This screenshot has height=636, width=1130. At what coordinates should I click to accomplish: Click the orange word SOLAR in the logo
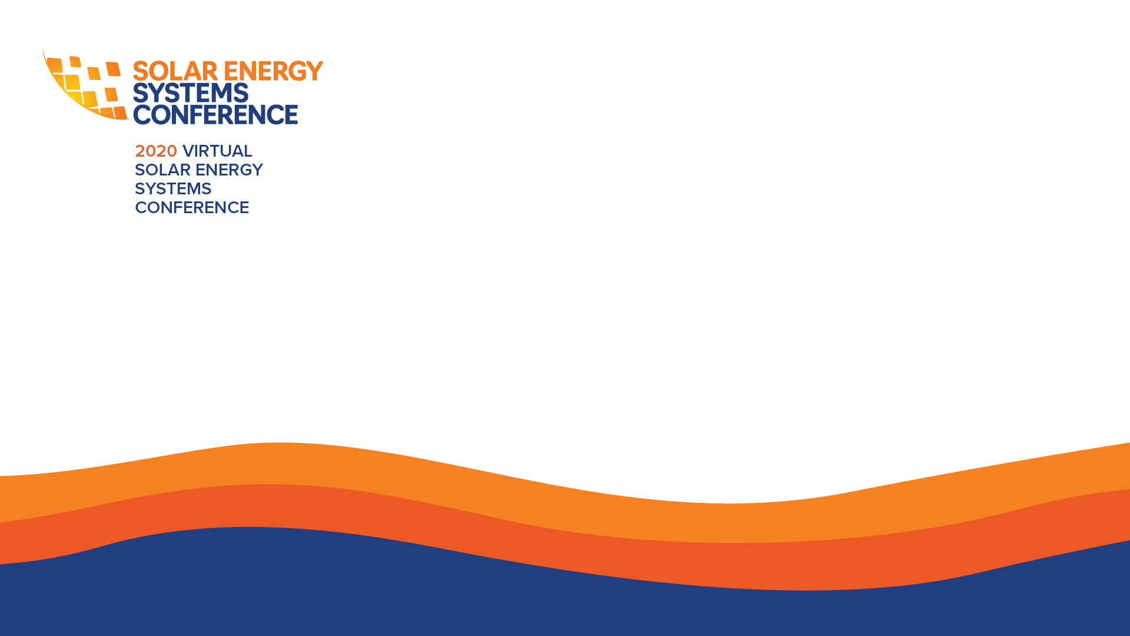tap(175, 71)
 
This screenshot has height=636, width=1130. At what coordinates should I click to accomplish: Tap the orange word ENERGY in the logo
tap(274, 71)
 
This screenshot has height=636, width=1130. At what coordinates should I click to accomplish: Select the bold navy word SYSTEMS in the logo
tap(191, 93)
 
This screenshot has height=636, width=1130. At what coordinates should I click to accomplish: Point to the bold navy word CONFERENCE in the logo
tap(215, 114)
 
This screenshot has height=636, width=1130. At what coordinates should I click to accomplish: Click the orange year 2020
tap(156, 151)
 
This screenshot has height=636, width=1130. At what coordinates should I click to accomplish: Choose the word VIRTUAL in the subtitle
tap(217, 151)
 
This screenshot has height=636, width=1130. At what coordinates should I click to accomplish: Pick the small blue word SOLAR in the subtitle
tap(162, 170)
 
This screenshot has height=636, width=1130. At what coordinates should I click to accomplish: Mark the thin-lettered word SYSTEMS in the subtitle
tap(173, 189)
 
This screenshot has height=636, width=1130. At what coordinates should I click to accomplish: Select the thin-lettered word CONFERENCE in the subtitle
tap(192, 208)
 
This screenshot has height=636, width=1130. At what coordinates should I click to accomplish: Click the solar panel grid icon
tap(85, 86)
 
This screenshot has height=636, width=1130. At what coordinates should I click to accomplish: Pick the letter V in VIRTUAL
tap(189, 151)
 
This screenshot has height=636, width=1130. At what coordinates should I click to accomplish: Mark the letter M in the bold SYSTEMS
tap(218, 93)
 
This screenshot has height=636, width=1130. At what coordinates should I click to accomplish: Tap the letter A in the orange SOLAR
tap(192, 71)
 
